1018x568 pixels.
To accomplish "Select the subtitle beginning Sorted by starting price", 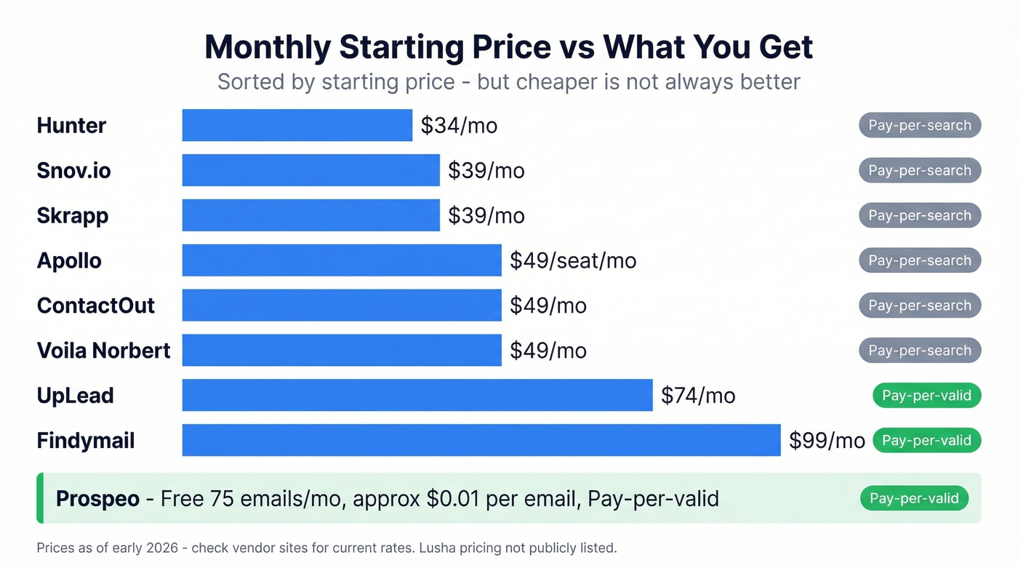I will pos(508,81).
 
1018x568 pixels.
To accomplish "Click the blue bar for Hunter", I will pos(297,125).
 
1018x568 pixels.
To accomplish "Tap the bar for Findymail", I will pos(481,440).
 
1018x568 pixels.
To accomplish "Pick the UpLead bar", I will pos(417,395).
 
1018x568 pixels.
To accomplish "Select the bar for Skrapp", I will pos(310,215).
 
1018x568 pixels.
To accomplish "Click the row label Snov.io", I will pos(73,170).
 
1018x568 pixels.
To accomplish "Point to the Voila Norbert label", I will pos(103,351).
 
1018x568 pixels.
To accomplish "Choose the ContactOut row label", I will pos(95,305).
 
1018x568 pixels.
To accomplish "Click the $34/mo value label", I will pos(459,126).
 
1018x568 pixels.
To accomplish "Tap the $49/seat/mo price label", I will pos(573,260).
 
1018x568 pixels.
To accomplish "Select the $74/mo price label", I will pos(698,396).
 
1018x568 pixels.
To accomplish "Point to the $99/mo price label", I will pos(827,441).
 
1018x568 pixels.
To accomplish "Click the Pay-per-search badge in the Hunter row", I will pos(920,125).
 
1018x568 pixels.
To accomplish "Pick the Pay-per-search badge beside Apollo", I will pos(920,260).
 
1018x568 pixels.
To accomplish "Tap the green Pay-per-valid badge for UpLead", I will pos(926,396).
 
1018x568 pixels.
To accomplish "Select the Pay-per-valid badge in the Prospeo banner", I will pos(914,498).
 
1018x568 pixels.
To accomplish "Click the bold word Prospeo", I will pos(97,499).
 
